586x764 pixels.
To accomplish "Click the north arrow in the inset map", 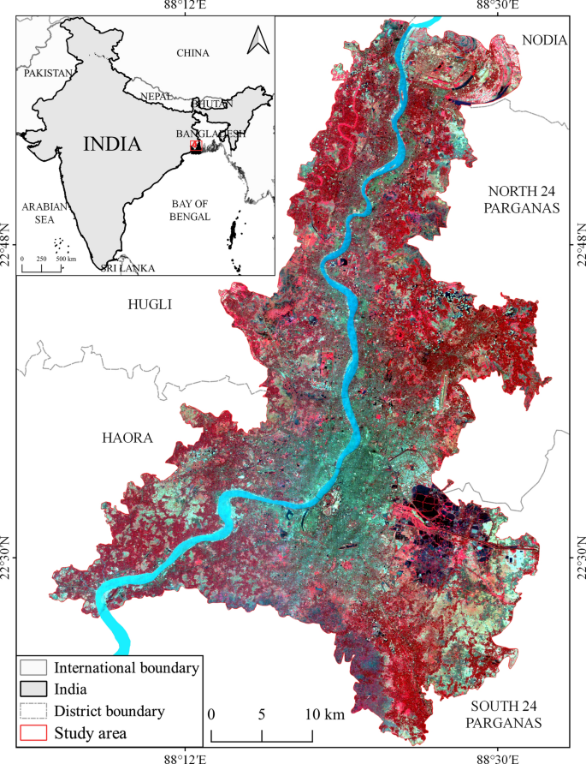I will tap(255, 39).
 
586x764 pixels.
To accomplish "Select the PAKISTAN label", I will tap(49, 74).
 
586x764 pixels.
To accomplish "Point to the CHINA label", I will tap(192, 53).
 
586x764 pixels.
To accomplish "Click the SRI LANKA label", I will tap(128, 268).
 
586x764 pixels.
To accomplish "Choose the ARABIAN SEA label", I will tap(44, 212).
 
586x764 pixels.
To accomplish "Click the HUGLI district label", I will tap(150, 304).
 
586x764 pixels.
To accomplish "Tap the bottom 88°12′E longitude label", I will tap(185, 757).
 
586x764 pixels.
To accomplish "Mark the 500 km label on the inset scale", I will tap(66, 259).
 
